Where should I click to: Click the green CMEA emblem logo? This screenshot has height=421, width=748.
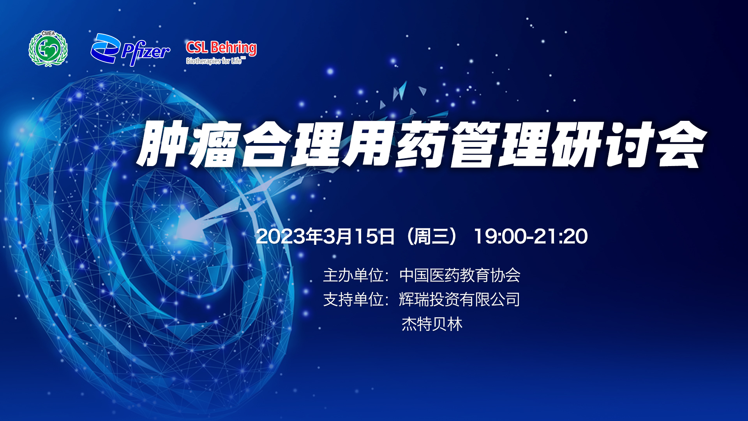48,49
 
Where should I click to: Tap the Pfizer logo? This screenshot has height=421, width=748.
131,50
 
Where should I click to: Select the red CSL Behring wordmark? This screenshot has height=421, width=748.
221,48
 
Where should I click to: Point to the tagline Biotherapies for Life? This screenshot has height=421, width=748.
215,61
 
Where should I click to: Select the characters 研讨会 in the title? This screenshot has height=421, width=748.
628,144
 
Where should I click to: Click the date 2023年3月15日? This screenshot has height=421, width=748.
325,236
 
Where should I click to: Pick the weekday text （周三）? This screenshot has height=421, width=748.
432,236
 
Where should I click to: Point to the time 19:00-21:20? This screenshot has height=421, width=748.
531,236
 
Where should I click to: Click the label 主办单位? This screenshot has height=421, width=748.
353,275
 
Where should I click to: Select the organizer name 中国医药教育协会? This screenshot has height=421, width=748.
460,275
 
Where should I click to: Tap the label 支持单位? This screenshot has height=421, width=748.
353,299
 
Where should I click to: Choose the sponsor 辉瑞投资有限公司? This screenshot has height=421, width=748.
460,299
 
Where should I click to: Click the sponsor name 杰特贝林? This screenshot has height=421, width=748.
432,324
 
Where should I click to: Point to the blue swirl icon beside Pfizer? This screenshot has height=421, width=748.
105,48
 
